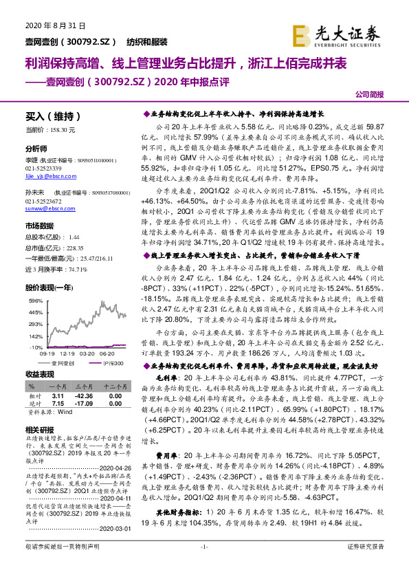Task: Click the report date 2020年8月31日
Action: coord(42,26)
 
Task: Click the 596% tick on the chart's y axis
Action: coord(34,301)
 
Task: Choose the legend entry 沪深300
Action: coord(111,362)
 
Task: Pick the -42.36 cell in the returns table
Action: coord(84,397)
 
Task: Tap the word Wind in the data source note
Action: coord(65,412)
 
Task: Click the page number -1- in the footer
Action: coord(203,565)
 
